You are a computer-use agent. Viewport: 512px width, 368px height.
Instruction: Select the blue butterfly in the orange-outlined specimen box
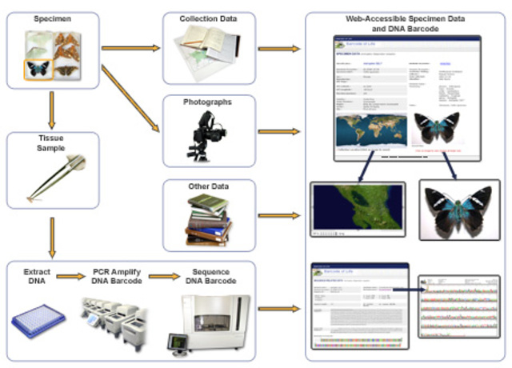[36, 68]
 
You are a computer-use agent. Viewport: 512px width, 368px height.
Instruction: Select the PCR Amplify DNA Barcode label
[118, 276]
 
